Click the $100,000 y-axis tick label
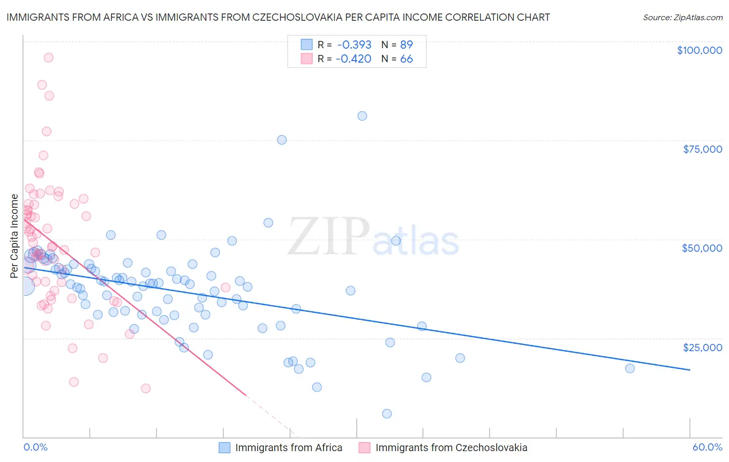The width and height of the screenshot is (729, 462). click(699, 50)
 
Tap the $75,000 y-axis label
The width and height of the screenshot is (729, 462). click(703, 149)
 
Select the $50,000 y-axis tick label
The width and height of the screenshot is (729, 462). click(702, 248)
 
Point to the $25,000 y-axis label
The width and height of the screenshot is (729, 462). click(703, 347)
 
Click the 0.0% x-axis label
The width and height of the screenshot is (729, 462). click(35, 447)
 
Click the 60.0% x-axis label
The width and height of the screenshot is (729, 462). click(707, 447)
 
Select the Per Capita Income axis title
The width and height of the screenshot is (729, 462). click(15, 236)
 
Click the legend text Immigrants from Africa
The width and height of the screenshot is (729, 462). click(289, 447)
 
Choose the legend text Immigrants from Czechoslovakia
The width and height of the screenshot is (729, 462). click(451, 447)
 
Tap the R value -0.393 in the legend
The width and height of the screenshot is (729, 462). click(354, 45)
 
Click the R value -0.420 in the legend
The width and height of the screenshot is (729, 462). click(354, 59)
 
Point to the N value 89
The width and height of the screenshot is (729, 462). click(406, 45)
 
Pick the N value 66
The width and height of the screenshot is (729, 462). click(406, 59)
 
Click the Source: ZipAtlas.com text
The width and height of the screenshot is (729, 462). click(682, 18)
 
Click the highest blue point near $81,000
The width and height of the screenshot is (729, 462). click(362, 116)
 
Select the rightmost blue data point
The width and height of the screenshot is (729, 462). click(630, 368)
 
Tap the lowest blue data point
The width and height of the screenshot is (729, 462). click(387, 413)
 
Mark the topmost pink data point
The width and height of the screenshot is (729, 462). click(48, 57)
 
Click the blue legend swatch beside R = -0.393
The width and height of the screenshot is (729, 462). click(307, 45)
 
